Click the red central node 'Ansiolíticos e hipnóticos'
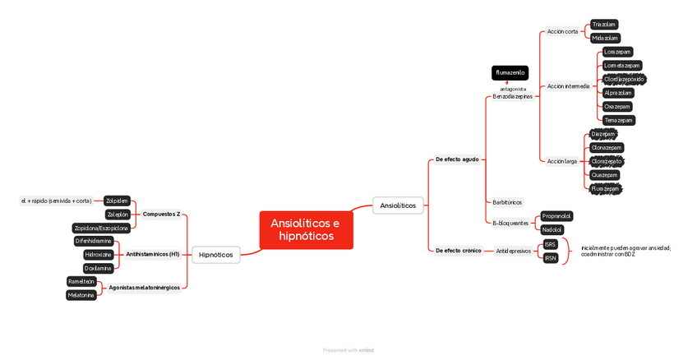pyautogui.click(x=306, y=229)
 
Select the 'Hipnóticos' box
pyautogui.click(x=215, y=255)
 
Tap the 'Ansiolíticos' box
pyautogui.click(x=398, y=205)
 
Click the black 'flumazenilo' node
pyautogui.click(x=510, y=73)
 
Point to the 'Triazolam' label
pyautogui.click(x=605, y=25)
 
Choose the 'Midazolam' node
pyautogui.click(x=606, y=38)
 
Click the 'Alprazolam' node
pyautogui.click(x=618, y=93)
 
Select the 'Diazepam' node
pyautogui.click(x=603, y=134)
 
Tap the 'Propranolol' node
pyautogui.click(x=556, y=216)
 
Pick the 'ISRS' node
pyautogui.click(x=550, y=244)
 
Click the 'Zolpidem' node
pyautogui.click(x=117, y=201)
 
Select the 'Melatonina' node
pyautogui.click(x=81, y=295)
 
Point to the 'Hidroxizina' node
pyautogui.click(x=98, y=255)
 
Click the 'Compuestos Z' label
pyautogui.click(x=161, y=214)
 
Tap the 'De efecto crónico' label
pyautogui.click(x=458, y=250)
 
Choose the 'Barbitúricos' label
pyautogui.click(x=507, y=202)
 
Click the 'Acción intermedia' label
pyautogui.click(x=568, y=86)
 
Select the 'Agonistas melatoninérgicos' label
pyautogui.click(x=144, y=288)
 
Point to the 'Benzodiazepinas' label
pyautogui.click(x=512, y=96)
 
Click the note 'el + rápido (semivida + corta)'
pyautogui.click(x=56, y=201)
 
